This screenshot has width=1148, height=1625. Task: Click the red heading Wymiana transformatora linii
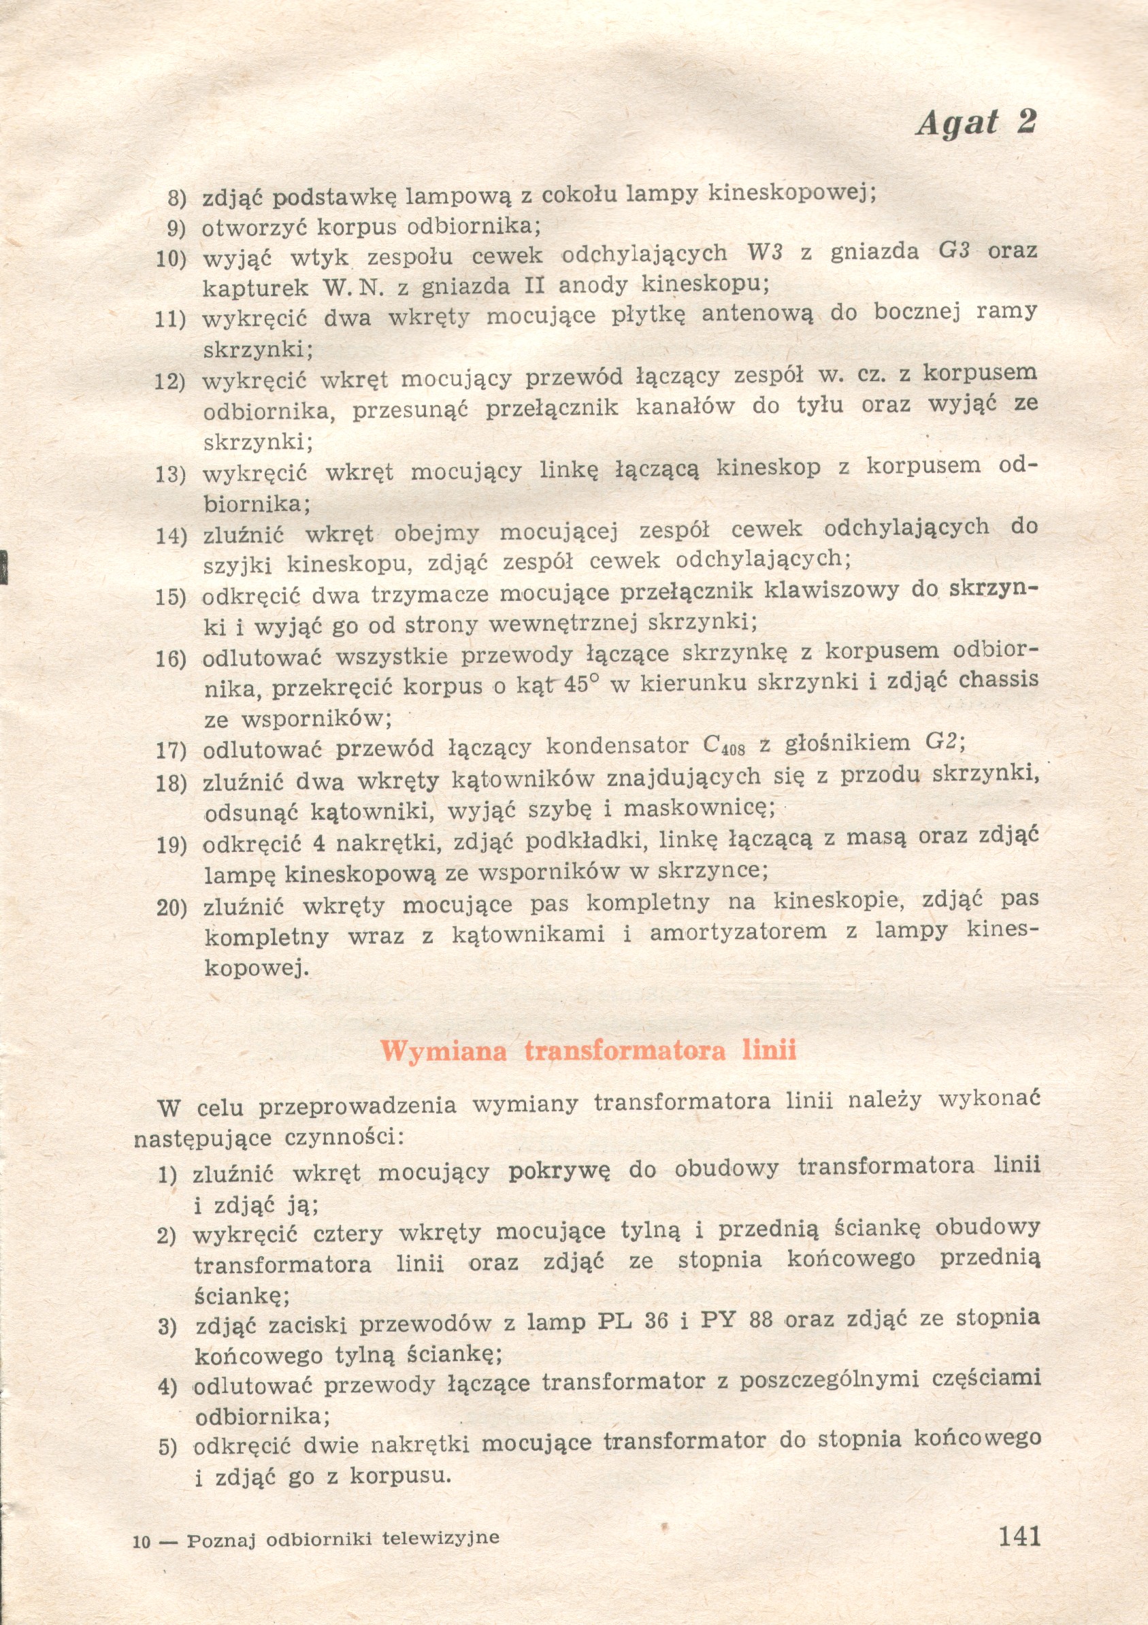coord(588,1050)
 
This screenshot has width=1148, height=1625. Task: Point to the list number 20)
coord(171,907)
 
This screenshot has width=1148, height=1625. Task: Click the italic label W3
coord(764,252)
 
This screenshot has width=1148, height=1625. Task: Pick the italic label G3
coord(953,251)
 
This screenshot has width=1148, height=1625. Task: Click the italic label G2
coord(941,742)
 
